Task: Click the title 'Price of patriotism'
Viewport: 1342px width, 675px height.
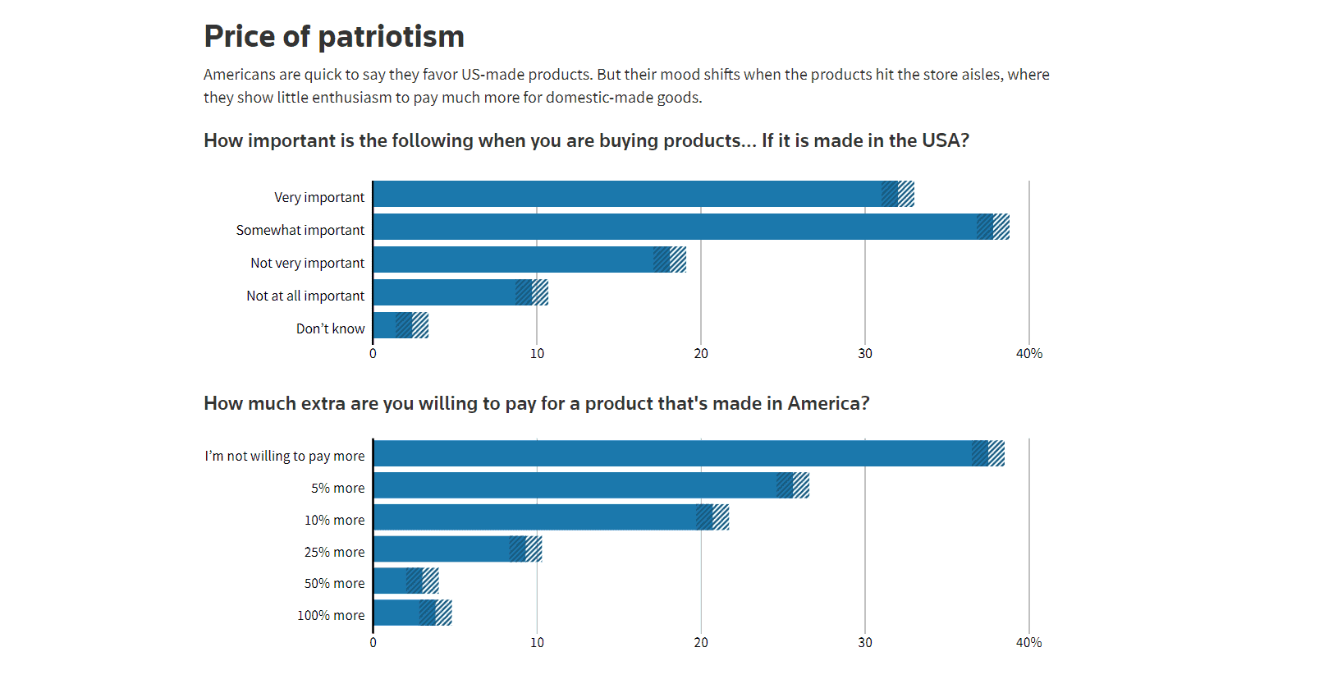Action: [x=334, y=37]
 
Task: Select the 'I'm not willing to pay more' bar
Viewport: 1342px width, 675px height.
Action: [x=673, y=453]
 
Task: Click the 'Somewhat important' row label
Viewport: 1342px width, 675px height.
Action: [x=300, y=230]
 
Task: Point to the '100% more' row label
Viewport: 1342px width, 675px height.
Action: [x=331, y=615]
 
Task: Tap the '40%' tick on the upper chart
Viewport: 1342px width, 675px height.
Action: [x=1029, y=353]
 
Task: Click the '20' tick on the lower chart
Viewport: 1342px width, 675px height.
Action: [x=701, y=642]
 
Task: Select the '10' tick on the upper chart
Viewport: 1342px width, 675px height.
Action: [x=537, y=353]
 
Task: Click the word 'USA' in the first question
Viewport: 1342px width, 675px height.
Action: [x=940, y=140]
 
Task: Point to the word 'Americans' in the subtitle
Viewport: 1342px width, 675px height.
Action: [x=240, y=75]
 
